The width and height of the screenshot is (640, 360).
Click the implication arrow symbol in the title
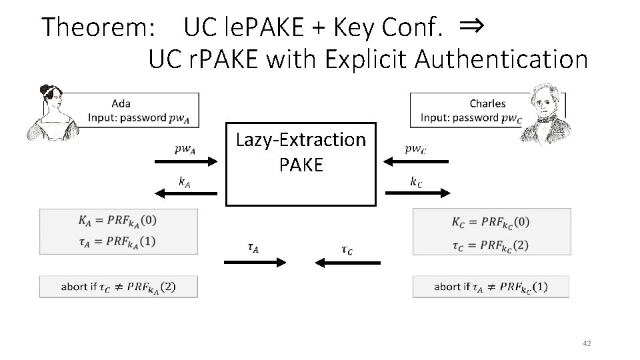[x=471, y=26]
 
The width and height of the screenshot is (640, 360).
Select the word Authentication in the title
[x=501, y=60]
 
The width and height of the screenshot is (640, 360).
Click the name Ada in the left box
[x=121, y=103]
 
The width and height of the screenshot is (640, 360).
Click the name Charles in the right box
[x=487, y=103]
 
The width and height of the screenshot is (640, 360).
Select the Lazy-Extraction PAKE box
[x=301, y=163]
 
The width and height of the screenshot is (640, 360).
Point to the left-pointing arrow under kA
[x=186, y=193]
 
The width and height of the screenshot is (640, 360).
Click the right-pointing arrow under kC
[x=417, y=193]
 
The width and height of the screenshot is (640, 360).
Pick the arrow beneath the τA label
[x=255, y=263]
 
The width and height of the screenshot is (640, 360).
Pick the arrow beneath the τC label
[x=346, y=263]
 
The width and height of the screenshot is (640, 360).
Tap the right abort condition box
[x=491, y=287]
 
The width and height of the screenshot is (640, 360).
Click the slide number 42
[x=587, y=343]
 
